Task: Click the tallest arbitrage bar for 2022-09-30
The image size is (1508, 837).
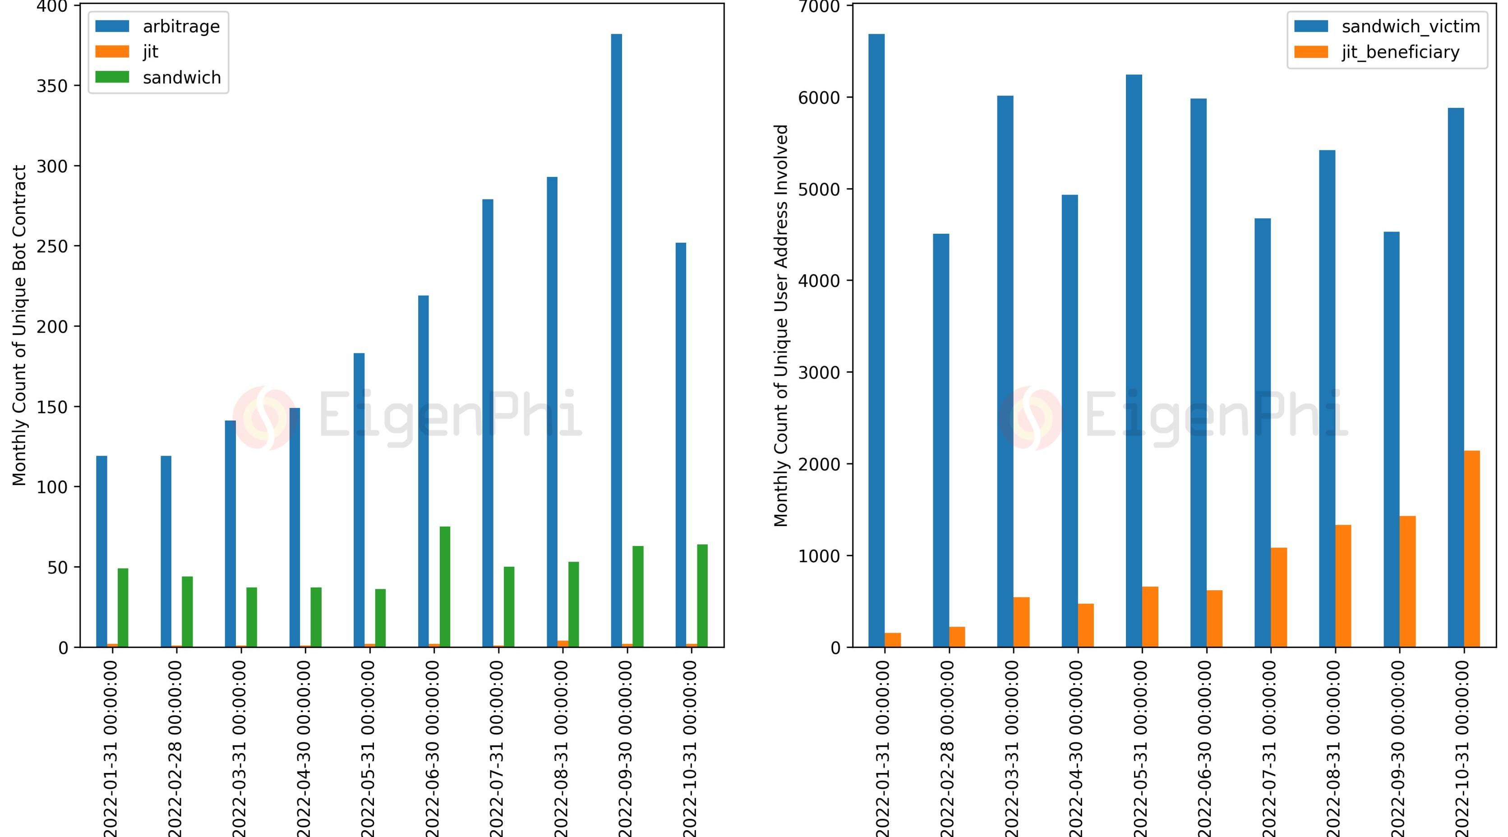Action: (617, 340)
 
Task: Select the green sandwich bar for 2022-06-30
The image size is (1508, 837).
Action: (445, 586)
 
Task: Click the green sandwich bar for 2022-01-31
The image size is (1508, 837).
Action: (123, 607)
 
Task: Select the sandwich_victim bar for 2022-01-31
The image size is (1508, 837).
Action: (876, 340)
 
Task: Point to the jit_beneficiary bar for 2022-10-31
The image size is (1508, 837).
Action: (1472, 548)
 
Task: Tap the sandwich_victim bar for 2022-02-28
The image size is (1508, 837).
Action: (941, 440)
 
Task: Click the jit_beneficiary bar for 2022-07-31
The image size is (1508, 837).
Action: (1278, 597)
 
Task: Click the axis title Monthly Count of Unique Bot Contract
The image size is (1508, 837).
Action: (20, 325)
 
